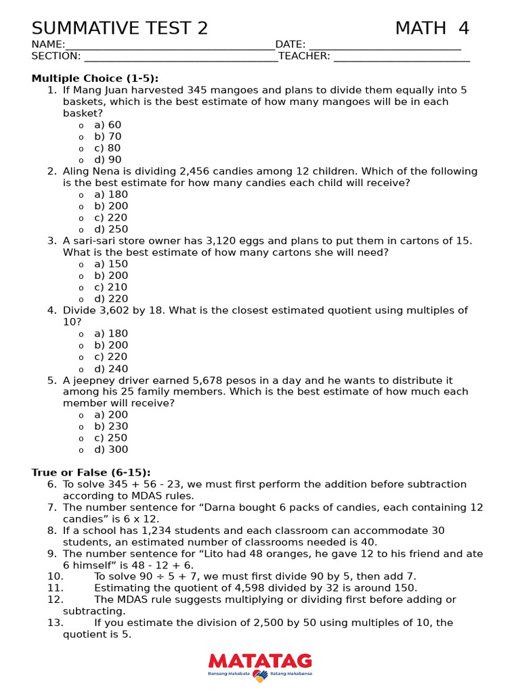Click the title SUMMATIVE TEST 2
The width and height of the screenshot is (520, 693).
point(120,28)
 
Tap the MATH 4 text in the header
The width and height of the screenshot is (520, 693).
point(432,28)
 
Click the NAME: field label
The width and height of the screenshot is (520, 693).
point(48,45)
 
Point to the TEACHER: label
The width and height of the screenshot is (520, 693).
point(304,56)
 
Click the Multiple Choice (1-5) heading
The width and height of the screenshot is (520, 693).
point(95,79)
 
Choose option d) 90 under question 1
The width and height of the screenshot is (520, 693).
point(108,160)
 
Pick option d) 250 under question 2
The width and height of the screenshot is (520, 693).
point(111,229)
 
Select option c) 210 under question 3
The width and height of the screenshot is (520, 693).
point(111,287)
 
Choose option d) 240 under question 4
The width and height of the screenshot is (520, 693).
point(111,369)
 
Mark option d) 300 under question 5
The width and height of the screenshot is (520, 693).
point(111,449)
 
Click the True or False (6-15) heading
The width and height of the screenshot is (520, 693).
point(91,472)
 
